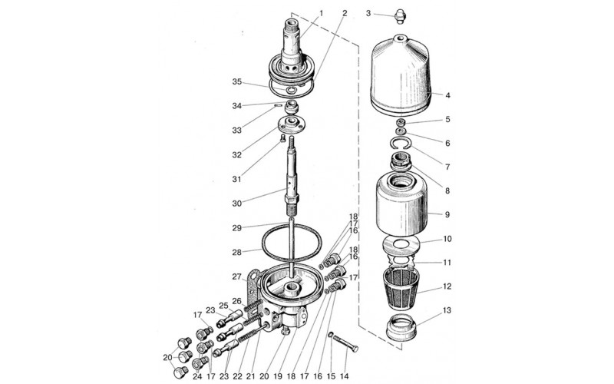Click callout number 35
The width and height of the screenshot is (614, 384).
(x=237, y=82)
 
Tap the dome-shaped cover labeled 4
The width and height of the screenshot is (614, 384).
(x=400, y=76)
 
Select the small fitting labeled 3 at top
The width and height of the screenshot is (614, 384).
(x=399, y=16)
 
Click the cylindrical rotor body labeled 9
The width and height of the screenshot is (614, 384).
(x=401, y=207)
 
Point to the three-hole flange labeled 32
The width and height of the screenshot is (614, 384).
(x=292, y=124)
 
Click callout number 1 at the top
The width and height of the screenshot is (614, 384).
(x=322, y=13)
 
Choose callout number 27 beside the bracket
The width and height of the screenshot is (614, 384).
(x=236, y=276)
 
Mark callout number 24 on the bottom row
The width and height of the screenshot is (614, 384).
(x=197, y=376)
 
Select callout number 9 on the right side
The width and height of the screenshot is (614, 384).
(x=447, y=215)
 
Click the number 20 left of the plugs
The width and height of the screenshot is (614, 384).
(x=167, y=357)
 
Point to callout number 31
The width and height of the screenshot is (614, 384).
(x=236, y=179)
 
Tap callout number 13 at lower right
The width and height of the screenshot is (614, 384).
(x=447, y=310)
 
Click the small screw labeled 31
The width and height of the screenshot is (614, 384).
(x=282, y=138)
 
